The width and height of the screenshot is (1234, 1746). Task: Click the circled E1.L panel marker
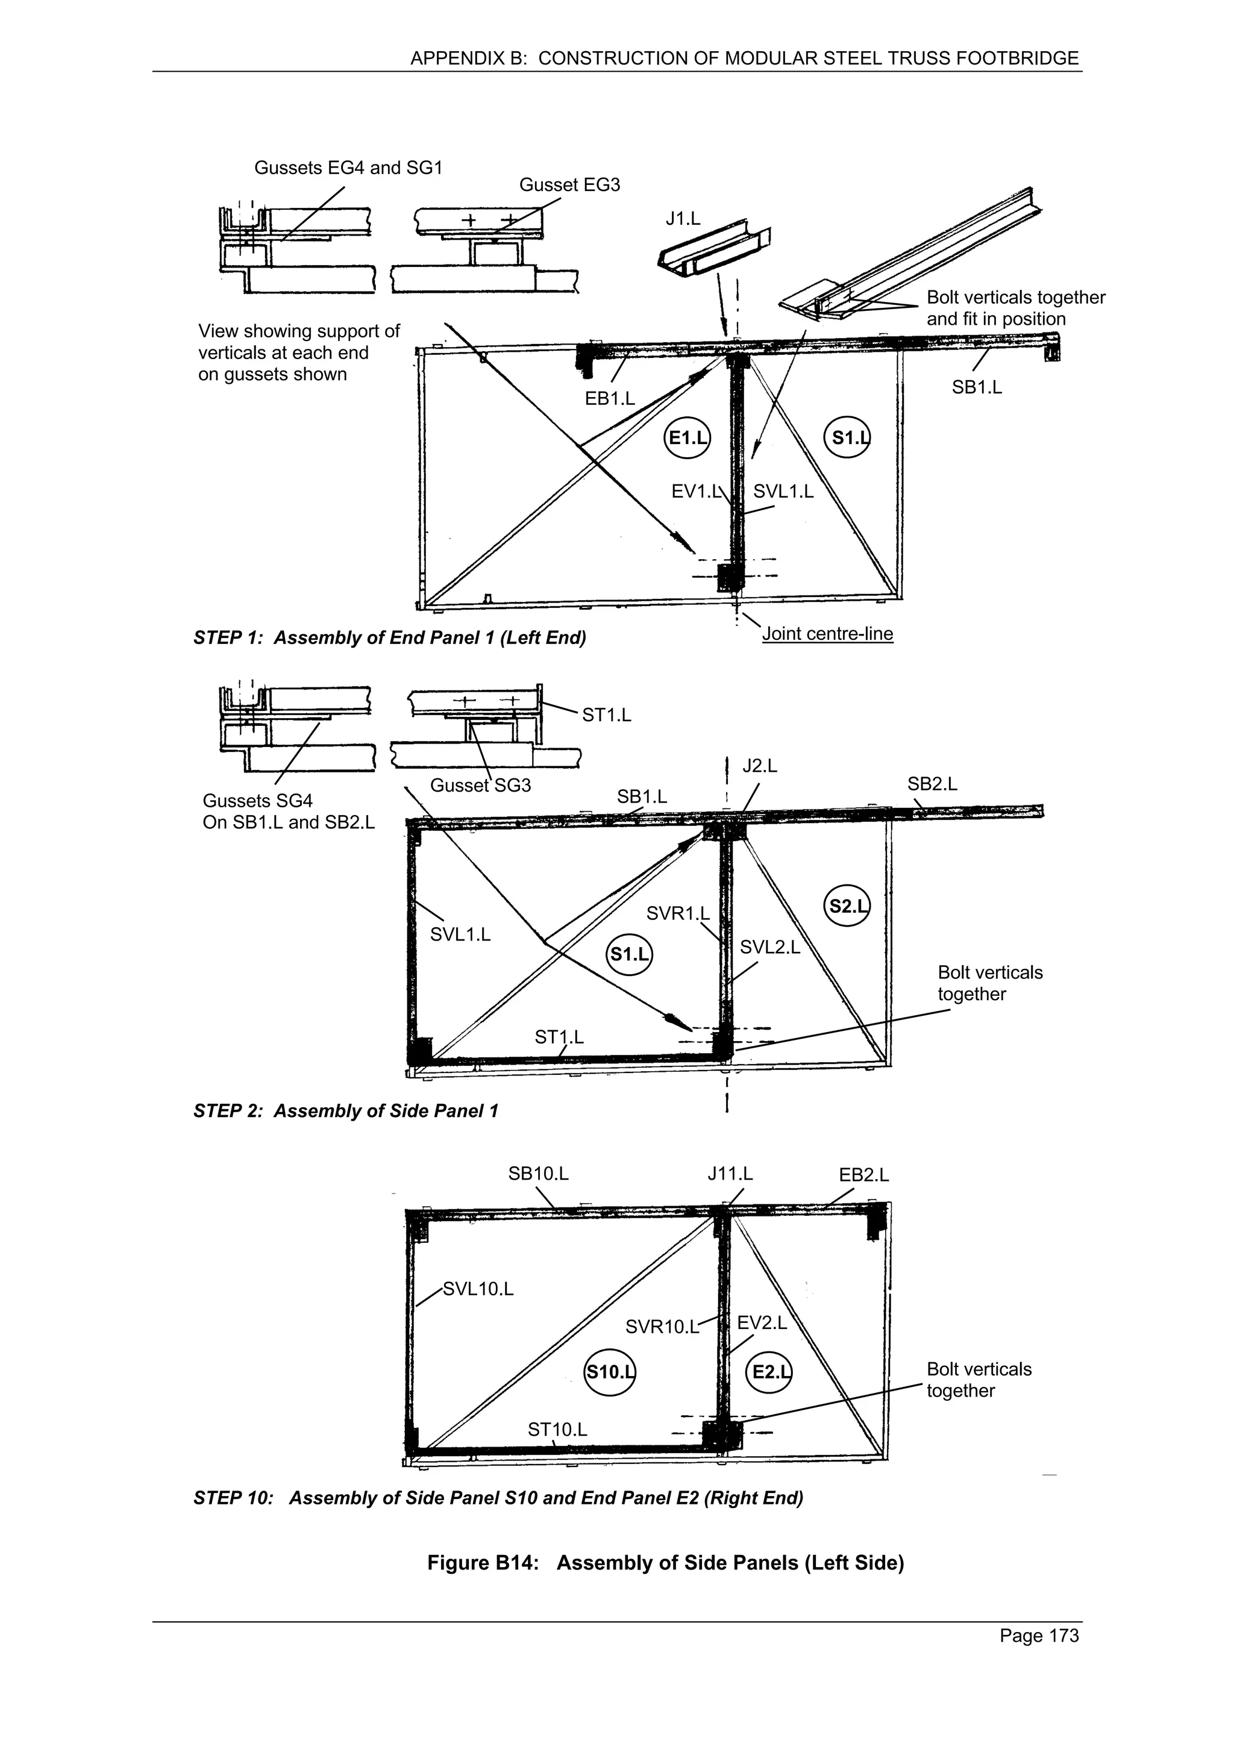click(687, 438)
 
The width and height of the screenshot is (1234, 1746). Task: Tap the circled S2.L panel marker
click(847, 906)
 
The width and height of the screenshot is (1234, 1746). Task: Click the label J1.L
click(682, 219)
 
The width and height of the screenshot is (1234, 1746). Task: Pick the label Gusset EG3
click(569, 185)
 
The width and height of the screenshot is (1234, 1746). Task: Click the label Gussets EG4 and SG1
click(348, 167)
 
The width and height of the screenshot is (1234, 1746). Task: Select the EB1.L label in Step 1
click(609, 398)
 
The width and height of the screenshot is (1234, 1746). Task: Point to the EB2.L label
click(863, 1174)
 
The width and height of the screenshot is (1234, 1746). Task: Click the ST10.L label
click(557, 1429)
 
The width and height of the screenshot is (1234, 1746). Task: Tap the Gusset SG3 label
click(480, 785)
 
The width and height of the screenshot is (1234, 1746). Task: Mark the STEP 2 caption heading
click(345, 1111)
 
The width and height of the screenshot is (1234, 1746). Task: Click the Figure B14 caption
click(665, 1562)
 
